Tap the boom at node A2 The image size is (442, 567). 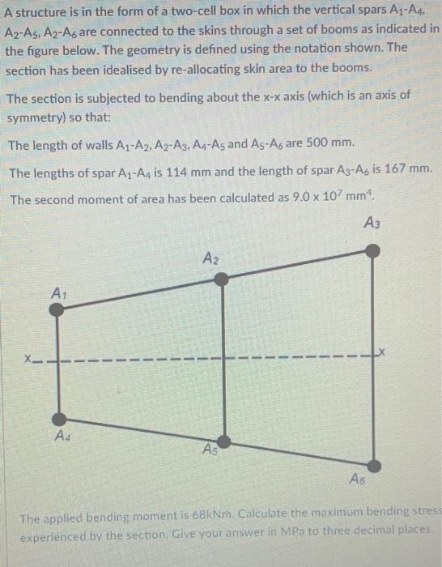(x=222, y=279)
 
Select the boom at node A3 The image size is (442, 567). (x=372, y=250)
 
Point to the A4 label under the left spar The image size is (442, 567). (x=62, y=437)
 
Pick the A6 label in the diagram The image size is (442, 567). (x=359, y=480)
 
